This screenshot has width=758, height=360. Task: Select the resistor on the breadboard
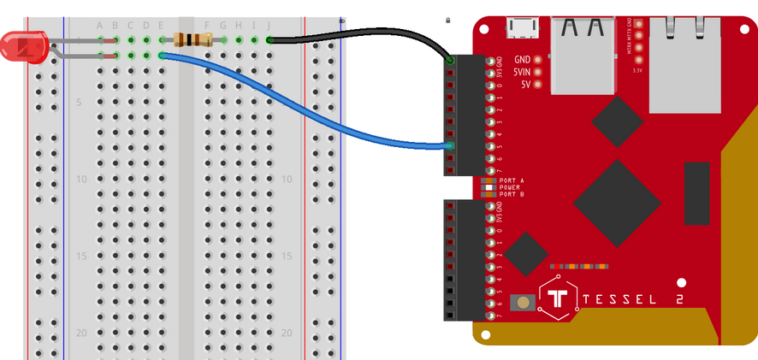(192, 39)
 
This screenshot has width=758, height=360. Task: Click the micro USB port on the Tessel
(520, 29)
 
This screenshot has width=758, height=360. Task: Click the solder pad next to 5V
(537, 85)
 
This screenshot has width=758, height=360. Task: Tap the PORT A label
(511, 180)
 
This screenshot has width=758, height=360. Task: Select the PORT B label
(511, 194)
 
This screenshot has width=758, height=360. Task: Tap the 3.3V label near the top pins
(637, 70)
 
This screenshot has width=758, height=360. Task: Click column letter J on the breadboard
(269, 25)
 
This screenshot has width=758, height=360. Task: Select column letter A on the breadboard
(100, 25)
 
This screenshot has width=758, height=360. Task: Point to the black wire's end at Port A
(450, 62)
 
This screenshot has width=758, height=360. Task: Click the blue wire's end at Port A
(449, 147)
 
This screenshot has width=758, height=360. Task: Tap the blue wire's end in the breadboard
(162, 56)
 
